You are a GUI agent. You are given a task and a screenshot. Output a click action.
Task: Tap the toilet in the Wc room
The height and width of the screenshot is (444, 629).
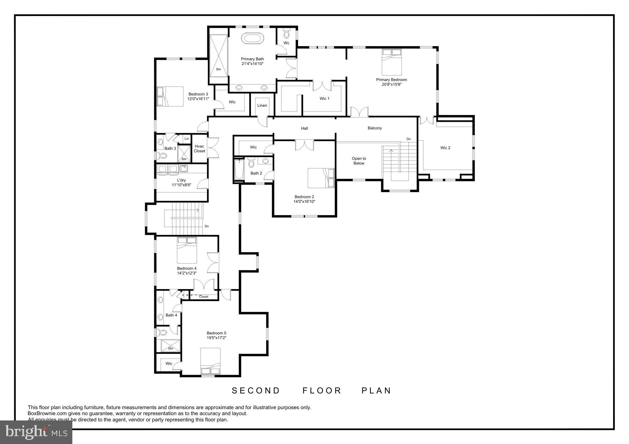(x=286, y=33)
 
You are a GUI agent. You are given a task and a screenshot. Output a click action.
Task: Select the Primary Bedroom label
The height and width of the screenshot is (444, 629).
(x=392, y=80)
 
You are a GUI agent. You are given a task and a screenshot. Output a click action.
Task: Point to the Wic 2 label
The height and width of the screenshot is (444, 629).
(x=445, y=148)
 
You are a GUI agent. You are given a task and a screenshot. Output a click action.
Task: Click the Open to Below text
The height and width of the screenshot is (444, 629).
(x=359, y=161)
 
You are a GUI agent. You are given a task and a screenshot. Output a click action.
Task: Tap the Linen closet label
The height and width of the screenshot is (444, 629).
(x=262, y=106)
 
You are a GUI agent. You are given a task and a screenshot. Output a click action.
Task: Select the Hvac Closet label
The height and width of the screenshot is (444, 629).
(x=199, y=149)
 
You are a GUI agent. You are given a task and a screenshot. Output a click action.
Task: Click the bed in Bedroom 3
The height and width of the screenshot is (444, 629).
(x=170, y=96)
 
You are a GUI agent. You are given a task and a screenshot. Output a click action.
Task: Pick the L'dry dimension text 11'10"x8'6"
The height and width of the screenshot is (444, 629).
(x=181, y=185)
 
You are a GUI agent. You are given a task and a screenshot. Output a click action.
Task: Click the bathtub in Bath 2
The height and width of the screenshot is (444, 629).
(x=239, y=170)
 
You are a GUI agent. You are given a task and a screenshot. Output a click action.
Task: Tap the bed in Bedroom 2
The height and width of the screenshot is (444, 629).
(x=321, y=178)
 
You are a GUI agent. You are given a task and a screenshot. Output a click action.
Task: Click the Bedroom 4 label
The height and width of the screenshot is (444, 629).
(x=187, y=268)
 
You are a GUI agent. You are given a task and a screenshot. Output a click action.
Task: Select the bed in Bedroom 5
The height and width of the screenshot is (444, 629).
(x=210, y=361)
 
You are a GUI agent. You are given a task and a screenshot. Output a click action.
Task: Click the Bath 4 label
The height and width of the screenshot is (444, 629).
(x=171, y=315)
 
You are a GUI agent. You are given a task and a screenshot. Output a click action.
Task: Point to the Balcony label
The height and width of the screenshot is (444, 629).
(x=375, y=128)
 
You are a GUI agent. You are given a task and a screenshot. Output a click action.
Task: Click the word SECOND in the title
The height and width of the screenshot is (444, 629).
(x=256, y=391)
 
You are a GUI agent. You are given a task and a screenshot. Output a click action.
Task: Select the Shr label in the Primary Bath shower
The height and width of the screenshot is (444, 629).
(x=218, y=69)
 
